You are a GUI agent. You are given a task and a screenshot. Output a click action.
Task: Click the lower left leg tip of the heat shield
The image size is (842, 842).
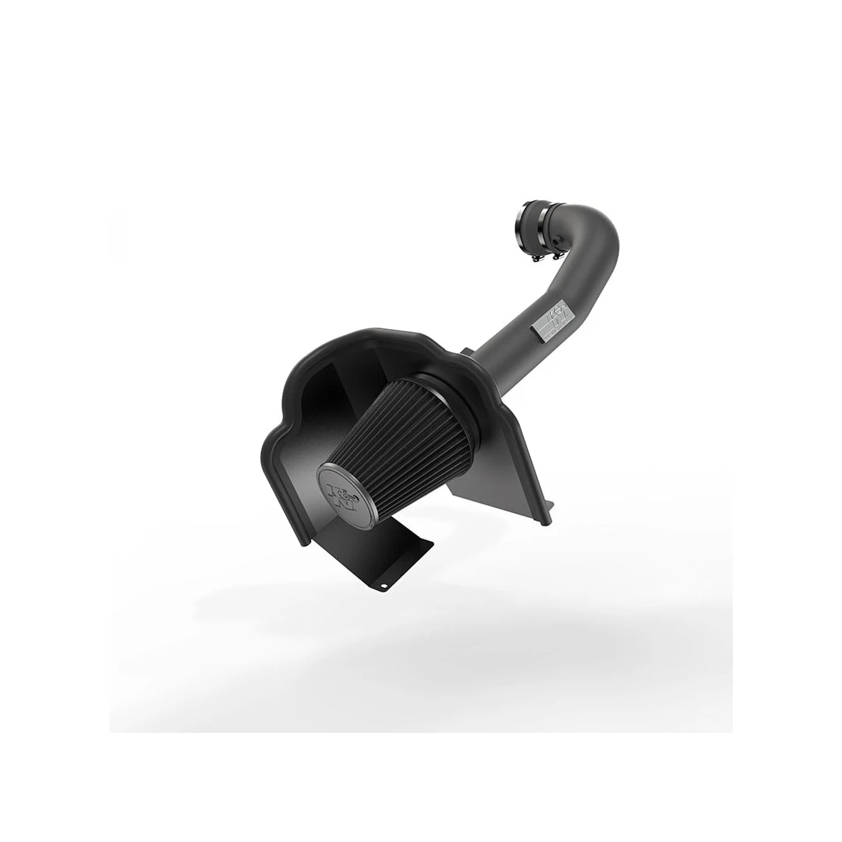302,543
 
